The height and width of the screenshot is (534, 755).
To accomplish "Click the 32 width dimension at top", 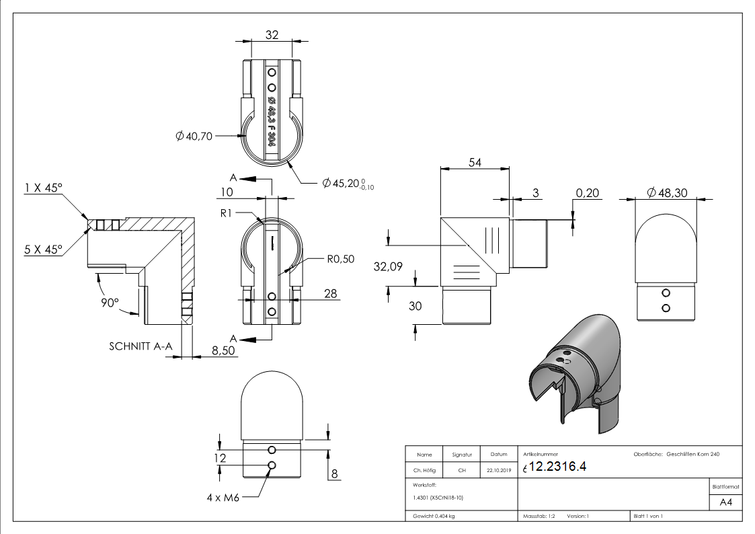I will coord(272,35).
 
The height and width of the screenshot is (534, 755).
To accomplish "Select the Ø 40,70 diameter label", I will coord(194,137).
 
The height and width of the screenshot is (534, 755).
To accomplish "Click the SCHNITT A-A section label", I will coord(141,346).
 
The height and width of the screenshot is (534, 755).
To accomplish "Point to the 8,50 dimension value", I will coord(225,350).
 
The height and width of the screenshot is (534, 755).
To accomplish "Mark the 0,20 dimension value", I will coord(588,193).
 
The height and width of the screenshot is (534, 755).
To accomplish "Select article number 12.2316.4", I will coord(559,467).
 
